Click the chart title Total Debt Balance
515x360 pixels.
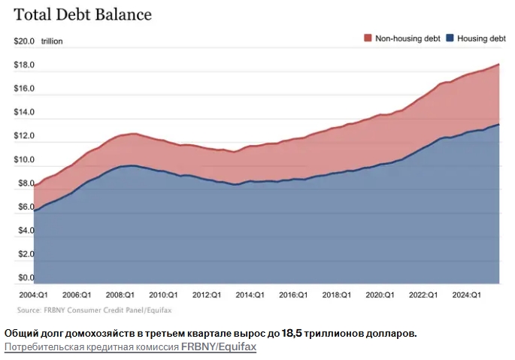click(83, 14)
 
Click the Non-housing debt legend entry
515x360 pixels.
click(406, 38)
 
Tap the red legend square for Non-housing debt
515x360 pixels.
click(368, 38)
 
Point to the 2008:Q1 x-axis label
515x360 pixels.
click(120, 295)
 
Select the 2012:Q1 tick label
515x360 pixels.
click(207, 295)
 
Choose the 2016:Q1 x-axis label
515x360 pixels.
click(294, 295)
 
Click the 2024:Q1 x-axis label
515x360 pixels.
click(466, 295)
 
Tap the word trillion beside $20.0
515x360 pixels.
click(52, 42)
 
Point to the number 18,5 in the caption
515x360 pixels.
click(294, 332)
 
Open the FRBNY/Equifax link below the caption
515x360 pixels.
click(219, 346)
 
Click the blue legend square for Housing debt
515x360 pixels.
click(450, 38)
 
